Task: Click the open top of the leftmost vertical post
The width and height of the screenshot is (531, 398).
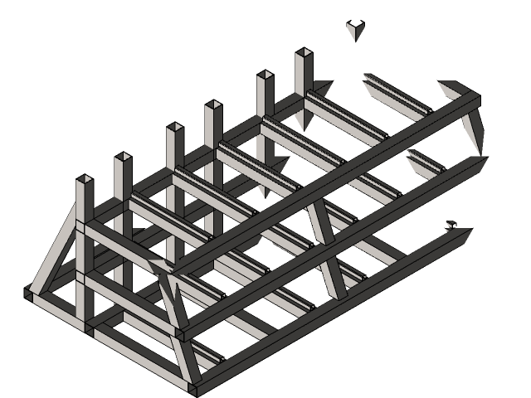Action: coord(84,179)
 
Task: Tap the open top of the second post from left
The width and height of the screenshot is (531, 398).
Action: coord(123,157)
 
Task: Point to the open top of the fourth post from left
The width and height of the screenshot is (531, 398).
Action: coord(213,105)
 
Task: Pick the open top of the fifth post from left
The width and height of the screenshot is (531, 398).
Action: coord(265,75)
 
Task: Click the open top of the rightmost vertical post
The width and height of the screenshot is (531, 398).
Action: coord(304,53)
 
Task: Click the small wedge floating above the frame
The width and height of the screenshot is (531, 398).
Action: coord(355,30)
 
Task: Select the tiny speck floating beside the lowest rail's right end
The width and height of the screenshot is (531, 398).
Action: coord(451,224)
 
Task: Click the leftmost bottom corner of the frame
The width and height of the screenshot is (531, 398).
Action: coord(30,292)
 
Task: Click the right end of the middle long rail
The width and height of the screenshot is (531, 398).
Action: coord(480,162)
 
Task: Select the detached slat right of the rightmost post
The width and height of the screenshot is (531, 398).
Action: coord(395,96)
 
